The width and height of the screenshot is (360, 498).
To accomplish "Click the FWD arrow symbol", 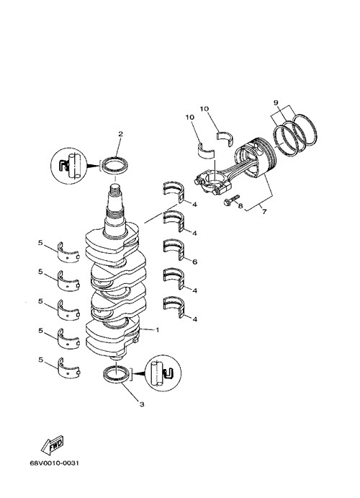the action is click(53, 445).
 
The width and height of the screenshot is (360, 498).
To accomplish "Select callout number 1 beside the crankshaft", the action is click(157, 330).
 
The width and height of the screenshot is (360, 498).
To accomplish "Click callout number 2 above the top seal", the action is click(120, 134).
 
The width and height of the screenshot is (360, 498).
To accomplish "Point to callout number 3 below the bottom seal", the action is click(142, 404).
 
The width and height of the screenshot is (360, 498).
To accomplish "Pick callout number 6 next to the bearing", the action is click(194, 262).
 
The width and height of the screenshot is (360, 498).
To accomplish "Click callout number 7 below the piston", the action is click(264, 211).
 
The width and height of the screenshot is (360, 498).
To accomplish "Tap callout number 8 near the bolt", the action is click(240, 206).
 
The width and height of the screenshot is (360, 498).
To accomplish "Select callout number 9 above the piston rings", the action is click(276, 102).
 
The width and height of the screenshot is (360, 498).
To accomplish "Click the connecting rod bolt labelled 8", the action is click(230, 200).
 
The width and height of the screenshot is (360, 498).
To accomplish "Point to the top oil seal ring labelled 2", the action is click(114, 166).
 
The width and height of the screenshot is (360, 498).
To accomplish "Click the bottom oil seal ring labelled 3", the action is click(117, 374).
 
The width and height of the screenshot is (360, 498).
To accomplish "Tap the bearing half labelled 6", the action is click(174, 249).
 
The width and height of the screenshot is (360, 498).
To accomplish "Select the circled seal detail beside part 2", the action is click(69, 166).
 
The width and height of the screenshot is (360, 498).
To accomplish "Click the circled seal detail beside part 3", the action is click(163, 373).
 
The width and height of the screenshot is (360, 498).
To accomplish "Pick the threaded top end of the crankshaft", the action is click(115, 190).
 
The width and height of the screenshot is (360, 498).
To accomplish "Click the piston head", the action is click(256, 157).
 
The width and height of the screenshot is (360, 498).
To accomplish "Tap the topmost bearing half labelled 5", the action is click(68, 252).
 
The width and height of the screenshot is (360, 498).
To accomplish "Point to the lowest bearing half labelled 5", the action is click(68, 368).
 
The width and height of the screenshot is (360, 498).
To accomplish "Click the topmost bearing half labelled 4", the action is click(174, 192).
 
